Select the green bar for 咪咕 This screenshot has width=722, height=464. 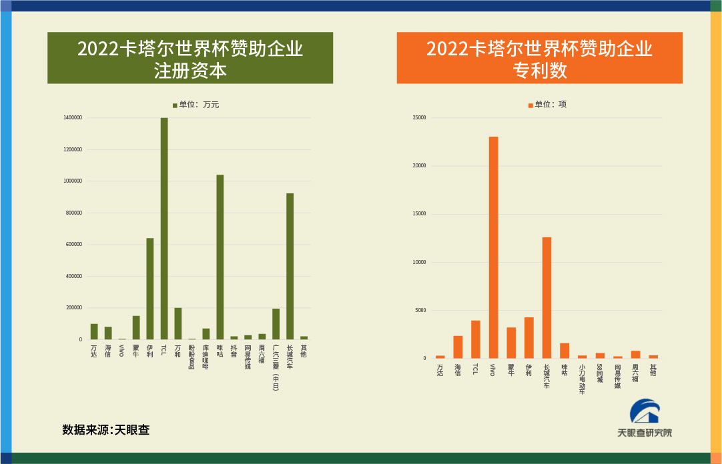click(x=220, y=257)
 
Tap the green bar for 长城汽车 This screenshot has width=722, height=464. click(x=290, y=266)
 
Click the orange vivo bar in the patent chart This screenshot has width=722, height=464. click(x=493, y=247)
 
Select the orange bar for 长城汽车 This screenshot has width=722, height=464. click(x=547, y=297)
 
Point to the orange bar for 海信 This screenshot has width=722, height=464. click(x=458, y=347)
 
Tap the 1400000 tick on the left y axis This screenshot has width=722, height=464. click(x=73, y=118)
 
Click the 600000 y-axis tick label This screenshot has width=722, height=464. click(x=74, y=245)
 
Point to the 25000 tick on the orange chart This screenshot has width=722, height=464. click(x=419, y=118)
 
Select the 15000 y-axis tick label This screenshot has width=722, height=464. click(x=419, y=214)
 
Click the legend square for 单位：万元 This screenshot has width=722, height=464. click(x=175, y=105)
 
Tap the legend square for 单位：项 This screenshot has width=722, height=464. click(x=530, y=105)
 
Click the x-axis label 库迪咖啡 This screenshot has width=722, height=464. click(x=206, y=357)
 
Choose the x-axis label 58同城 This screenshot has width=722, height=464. click(x=599, y=373)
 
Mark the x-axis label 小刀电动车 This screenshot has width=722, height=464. click(x=582, y=379)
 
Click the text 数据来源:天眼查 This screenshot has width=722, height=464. click(x=106, y=430)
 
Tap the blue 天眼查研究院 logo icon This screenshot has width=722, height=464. click(x=645, y=411)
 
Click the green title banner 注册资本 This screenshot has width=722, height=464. click(x=190, y=58)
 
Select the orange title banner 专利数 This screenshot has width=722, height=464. click(x=539, y=58)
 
